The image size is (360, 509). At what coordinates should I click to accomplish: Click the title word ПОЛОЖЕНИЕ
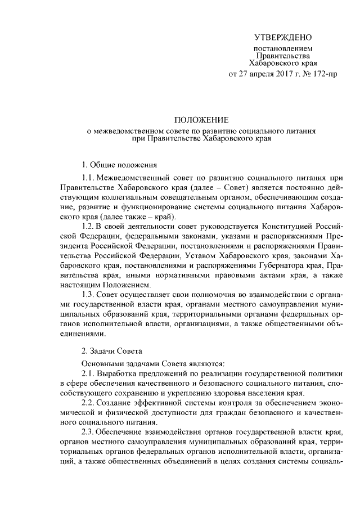(x=201, y=120)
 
